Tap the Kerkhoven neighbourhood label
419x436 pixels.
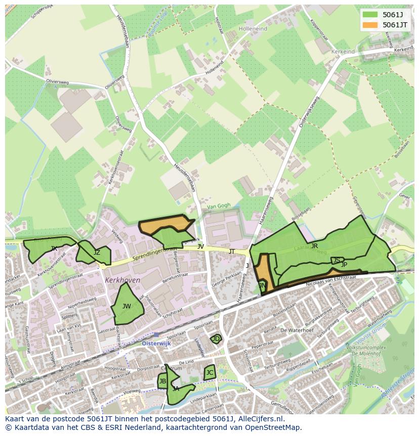tap(122, 280)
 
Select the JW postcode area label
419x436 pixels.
tap(127, 306)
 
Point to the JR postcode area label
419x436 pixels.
tap(314, 246)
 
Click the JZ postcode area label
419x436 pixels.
tap(97, 253)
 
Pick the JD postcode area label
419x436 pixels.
tap(216, 339)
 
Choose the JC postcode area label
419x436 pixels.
tap(209, 373)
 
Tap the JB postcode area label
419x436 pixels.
tap(162, 381)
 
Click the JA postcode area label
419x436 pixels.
tap(176, 389)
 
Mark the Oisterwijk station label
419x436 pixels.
tap(157, 343)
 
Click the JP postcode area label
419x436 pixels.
tap(344, 264)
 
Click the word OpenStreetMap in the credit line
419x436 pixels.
tap(276, 427)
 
